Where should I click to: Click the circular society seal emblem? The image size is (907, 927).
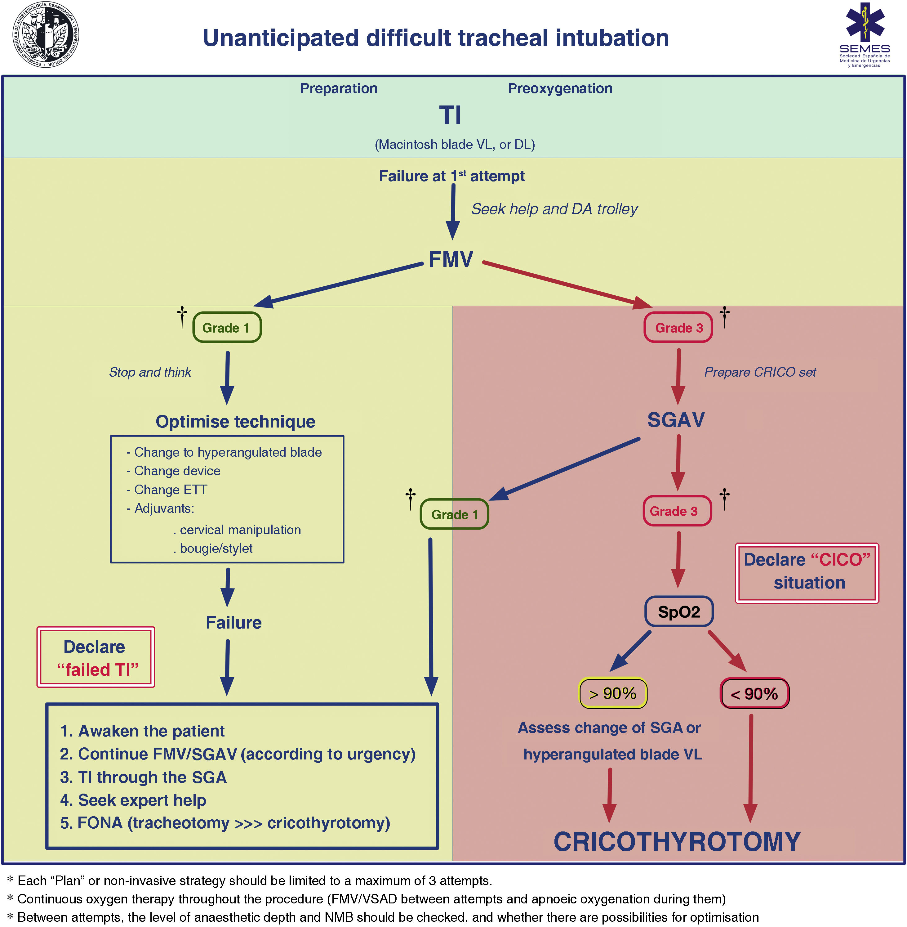pos(45,35)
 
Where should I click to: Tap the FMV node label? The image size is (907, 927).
pos(451,260)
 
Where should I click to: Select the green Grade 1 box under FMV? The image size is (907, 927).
pos(227,327)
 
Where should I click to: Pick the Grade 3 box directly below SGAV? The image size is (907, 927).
pos(677,511)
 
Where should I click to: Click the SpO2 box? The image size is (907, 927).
pos(679,611)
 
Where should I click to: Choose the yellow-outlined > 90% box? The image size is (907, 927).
pos(613,693)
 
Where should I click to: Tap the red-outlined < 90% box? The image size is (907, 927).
pos(754,693)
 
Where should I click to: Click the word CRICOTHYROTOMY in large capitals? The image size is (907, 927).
pos(677,842)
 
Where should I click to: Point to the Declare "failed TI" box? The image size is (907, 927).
pos(96,657)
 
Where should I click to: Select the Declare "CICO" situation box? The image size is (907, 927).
pos(807,573)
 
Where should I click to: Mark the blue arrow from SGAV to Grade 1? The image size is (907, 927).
pos(564,469)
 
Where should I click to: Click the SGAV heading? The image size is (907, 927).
pos(676,420)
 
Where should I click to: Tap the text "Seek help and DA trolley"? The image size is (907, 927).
pos(554,209)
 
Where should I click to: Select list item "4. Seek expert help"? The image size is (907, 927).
pos(133,800)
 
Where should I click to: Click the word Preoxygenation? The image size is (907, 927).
pos(560,88)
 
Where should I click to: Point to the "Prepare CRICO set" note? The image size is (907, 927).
pos(760,372)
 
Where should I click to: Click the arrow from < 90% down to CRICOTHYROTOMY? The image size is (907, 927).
pos(751,768)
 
